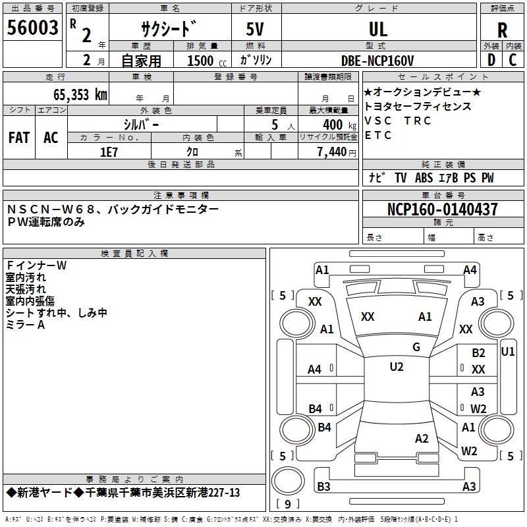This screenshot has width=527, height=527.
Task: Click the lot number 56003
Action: [x=32, y=27]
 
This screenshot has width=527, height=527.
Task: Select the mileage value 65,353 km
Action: [x=80, y=95]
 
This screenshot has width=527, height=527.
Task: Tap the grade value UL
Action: [x=378, y=29]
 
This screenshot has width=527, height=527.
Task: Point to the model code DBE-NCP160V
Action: [x=377, y=61]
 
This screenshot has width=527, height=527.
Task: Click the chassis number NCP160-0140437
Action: [x=443, y=209]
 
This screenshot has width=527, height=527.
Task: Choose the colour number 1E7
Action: [x=109, y=152]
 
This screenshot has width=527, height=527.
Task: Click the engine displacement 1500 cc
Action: [x=207, y=61]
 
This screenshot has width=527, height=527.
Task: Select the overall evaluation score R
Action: [x=502, y=30]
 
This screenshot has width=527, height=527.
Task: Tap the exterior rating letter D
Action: [x=491, y=60]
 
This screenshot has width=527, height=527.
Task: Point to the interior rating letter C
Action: [x=513, y=60]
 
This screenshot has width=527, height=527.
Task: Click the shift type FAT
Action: [x=19, y=138]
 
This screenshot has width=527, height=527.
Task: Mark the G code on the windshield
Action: [x=416, y=347]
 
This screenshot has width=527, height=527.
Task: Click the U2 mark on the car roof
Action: [x=397, y=367]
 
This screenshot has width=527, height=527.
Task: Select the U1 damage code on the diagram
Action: [x=508, y=352]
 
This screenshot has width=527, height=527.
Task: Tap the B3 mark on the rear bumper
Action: [x=323, y=486]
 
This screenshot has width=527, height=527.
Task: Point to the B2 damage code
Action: [x=478, y=353]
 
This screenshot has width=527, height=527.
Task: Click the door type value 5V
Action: [x=255, y=29]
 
